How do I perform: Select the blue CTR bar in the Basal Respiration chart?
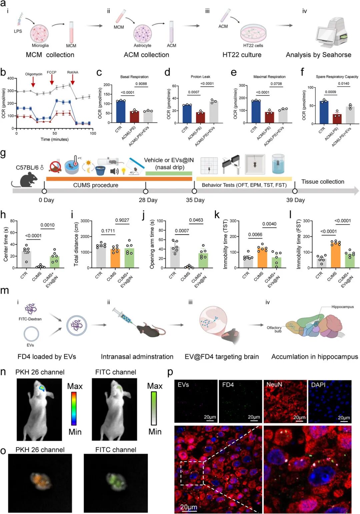pyautogui.click(x=121, y=111)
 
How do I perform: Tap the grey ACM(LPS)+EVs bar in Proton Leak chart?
pyautogui.click(x=213, y=112)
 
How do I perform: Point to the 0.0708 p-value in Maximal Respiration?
pyautogui.click(x=276, y=84)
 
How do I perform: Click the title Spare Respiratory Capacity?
pyautogui.click(x=337, y=77)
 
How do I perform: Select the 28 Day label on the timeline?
pyautogui.click(x=148, y=200)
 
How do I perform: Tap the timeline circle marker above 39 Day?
pyautogui.click(x=295, y=191)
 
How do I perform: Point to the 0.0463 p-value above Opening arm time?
pyautogui.click(x=196, y=220)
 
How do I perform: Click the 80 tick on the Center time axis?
pyautogui.click(x=12, y=221)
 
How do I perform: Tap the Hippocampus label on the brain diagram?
pyautogui.click(x=342, y=307)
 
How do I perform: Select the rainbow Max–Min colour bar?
pyautogui.click(x=74, y=408)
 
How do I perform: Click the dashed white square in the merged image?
pyautogui.click(x=192, y=473)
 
